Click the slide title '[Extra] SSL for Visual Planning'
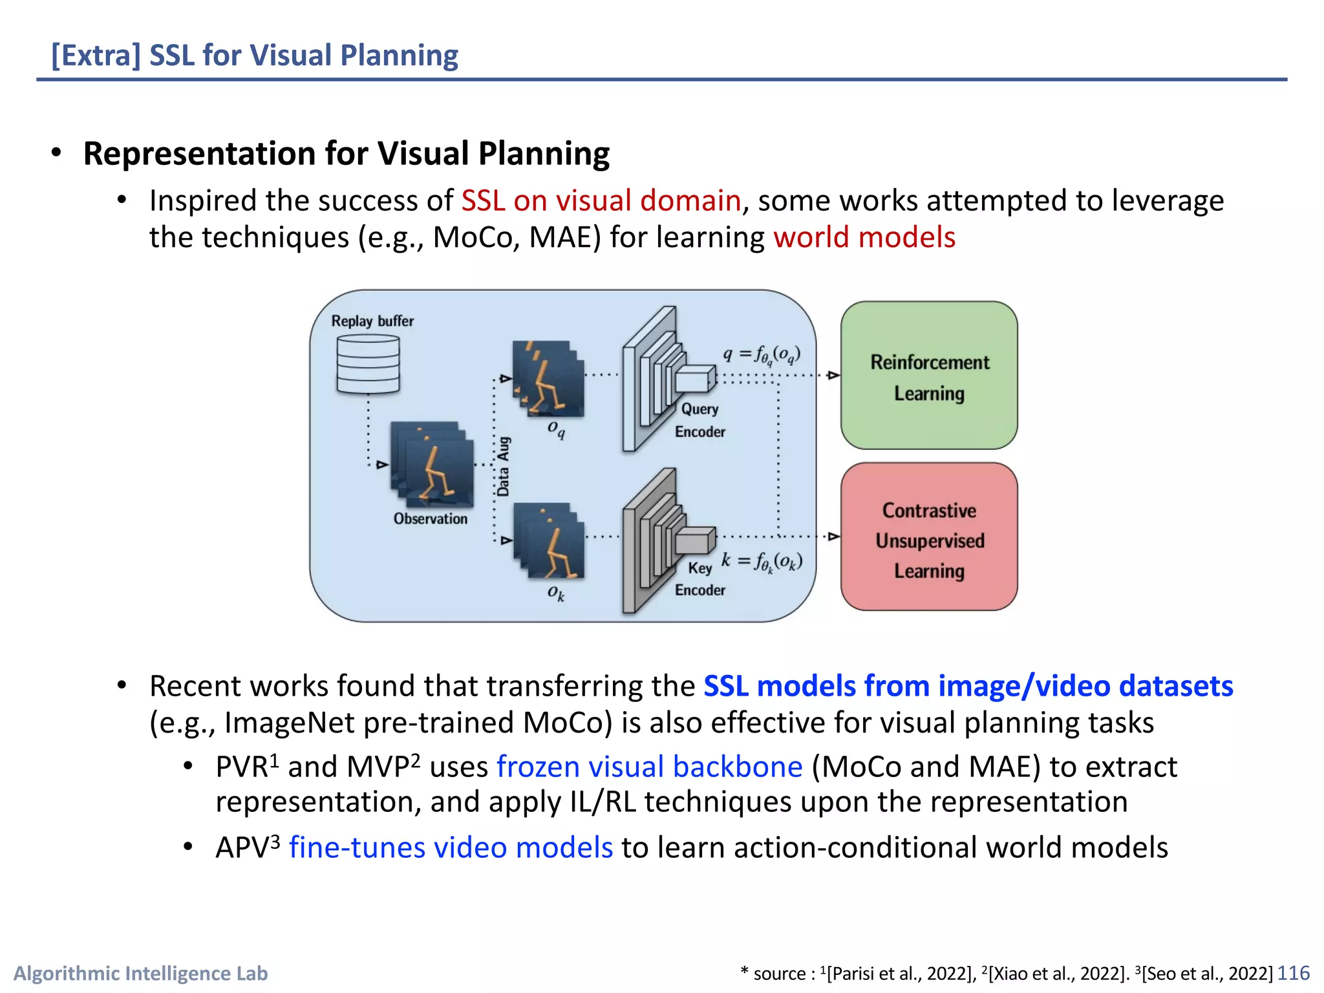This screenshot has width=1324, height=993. (x=255, y=55)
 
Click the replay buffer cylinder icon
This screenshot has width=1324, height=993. (x=368, y=364)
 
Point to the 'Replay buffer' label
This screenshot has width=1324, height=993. (x=372, y=321)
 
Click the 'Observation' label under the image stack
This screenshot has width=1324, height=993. (x=430, y=518)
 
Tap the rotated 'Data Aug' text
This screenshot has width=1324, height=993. (x=503, y=467)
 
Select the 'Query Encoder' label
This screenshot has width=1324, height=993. (x=699, y=420)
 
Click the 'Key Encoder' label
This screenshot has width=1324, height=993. (x=699, y=579)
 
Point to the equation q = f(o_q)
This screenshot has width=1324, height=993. (x=762, y=355)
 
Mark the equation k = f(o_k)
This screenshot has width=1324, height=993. (x=762, y=561)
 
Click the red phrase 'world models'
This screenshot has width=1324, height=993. (x=864, y=237)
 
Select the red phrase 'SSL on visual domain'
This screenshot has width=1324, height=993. (x=601, y=200)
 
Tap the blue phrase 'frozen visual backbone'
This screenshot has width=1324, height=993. (x=649, y=767)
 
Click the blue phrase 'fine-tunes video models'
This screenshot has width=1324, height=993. (x=451, y=847)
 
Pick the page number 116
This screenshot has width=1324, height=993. (x=1293, y=973)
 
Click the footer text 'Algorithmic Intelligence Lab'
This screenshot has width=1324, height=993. (x=140, y=973)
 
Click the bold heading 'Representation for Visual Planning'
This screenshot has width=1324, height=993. (x=347, y=154)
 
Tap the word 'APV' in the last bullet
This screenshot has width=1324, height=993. (x=242, y=848)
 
